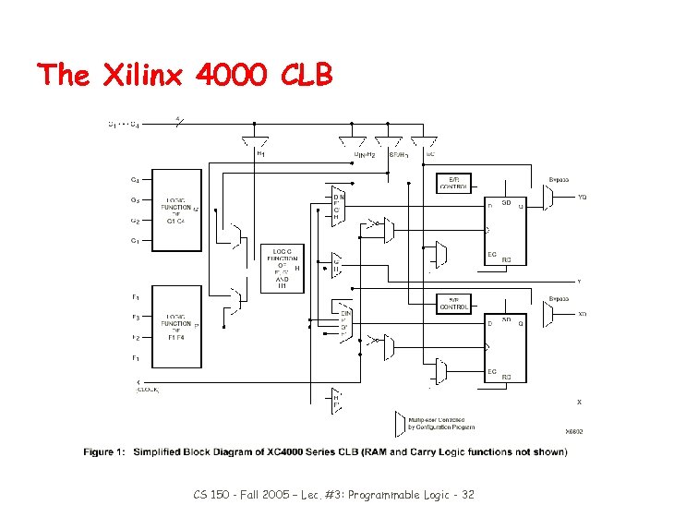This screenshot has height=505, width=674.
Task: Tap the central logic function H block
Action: point(282,269)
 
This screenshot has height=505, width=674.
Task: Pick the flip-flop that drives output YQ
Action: point(506,229)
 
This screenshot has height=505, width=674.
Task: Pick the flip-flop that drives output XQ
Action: point(506,347)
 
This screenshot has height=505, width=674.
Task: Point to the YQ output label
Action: point(582,197)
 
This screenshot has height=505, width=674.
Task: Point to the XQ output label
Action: point(582,314)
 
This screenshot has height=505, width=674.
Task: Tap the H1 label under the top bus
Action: point(259,154)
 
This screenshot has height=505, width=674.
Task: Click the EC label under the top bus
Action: point(430,154)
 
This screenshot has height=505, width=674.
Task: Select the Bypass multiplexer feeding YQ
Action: point(548,196)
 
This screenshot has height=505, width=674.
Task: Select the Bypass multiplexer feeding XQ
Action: point(548,315)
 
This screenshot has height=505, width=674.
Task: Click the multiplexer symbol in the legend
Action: point(399,422)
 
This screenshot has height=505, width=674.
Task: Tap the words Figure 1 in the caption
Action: point(104,451)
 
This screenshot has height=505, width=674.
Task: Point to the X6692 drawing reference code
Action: point(573,431)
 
